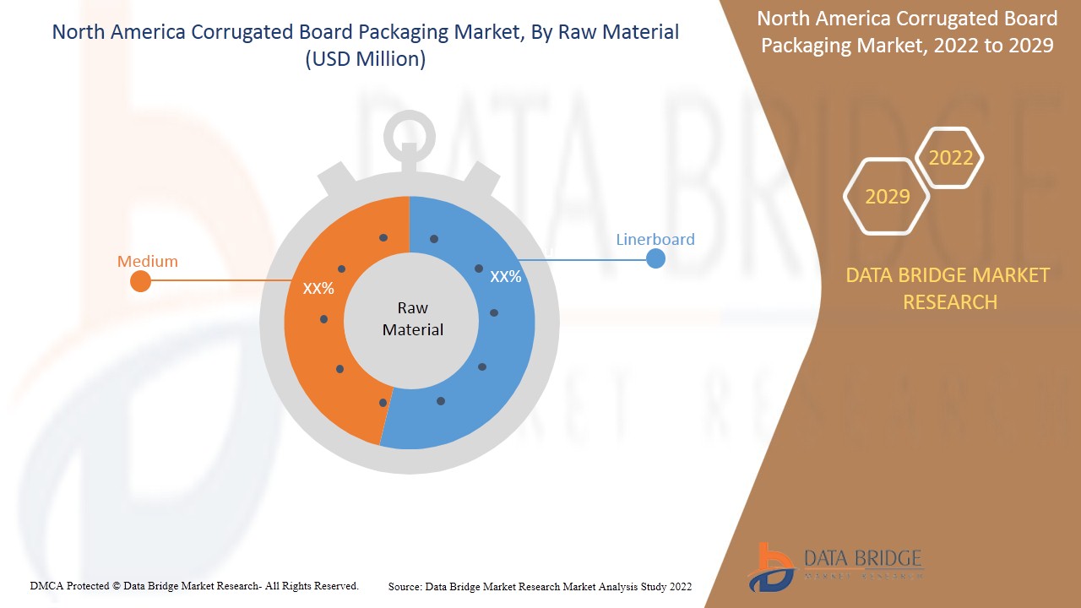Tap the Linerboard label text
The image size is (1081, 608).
[655, 239]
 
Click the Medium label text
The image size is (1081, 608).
[148, 261]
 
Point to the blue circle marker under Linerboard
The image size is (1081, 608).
[655, 258]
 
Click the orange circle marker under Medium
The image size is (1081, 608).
[141, 281]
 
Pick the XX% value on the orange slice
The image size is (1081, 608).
[318, 288]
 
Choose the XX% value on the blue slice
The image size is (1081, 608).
[506, 276]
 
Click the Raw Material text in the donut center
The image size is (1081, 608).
[412, 318]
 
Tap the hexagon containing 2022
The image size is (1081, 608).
[951, 158]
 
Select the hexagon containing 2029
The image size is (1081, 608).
[888, 196]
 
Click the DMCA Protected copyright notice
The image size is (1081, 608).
[194, 585]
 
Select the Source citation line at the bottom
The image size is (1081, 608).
[540, 586]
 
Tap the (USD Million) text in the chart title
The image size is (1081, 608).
[365, 59]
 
